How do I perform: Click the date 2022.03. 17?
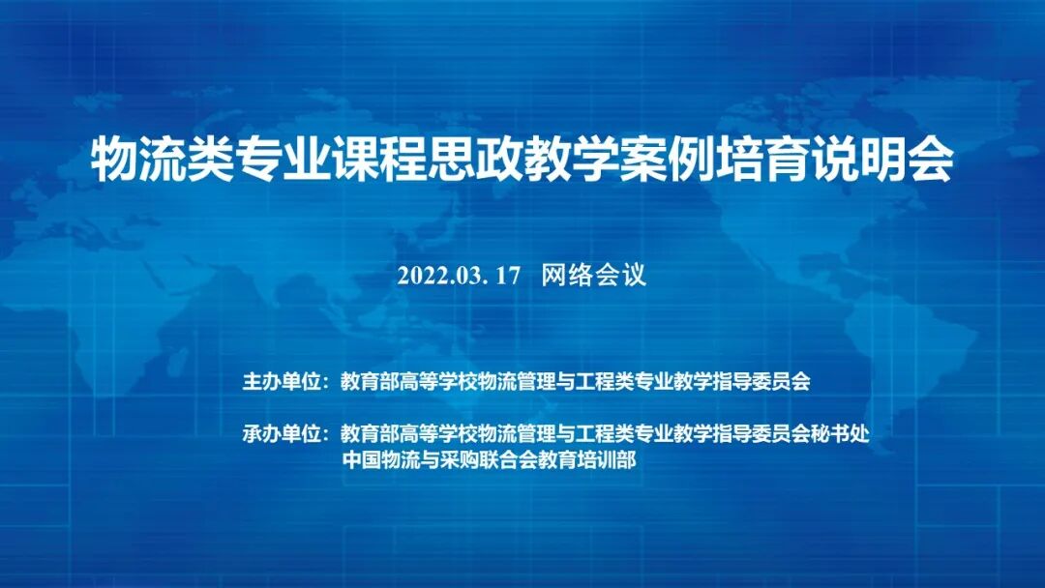[459, 276]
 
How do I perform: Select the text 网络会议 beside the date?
[593, 276]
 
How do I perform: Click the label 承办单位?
[282, 434]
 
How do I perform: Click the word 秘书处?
[840, 434]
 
